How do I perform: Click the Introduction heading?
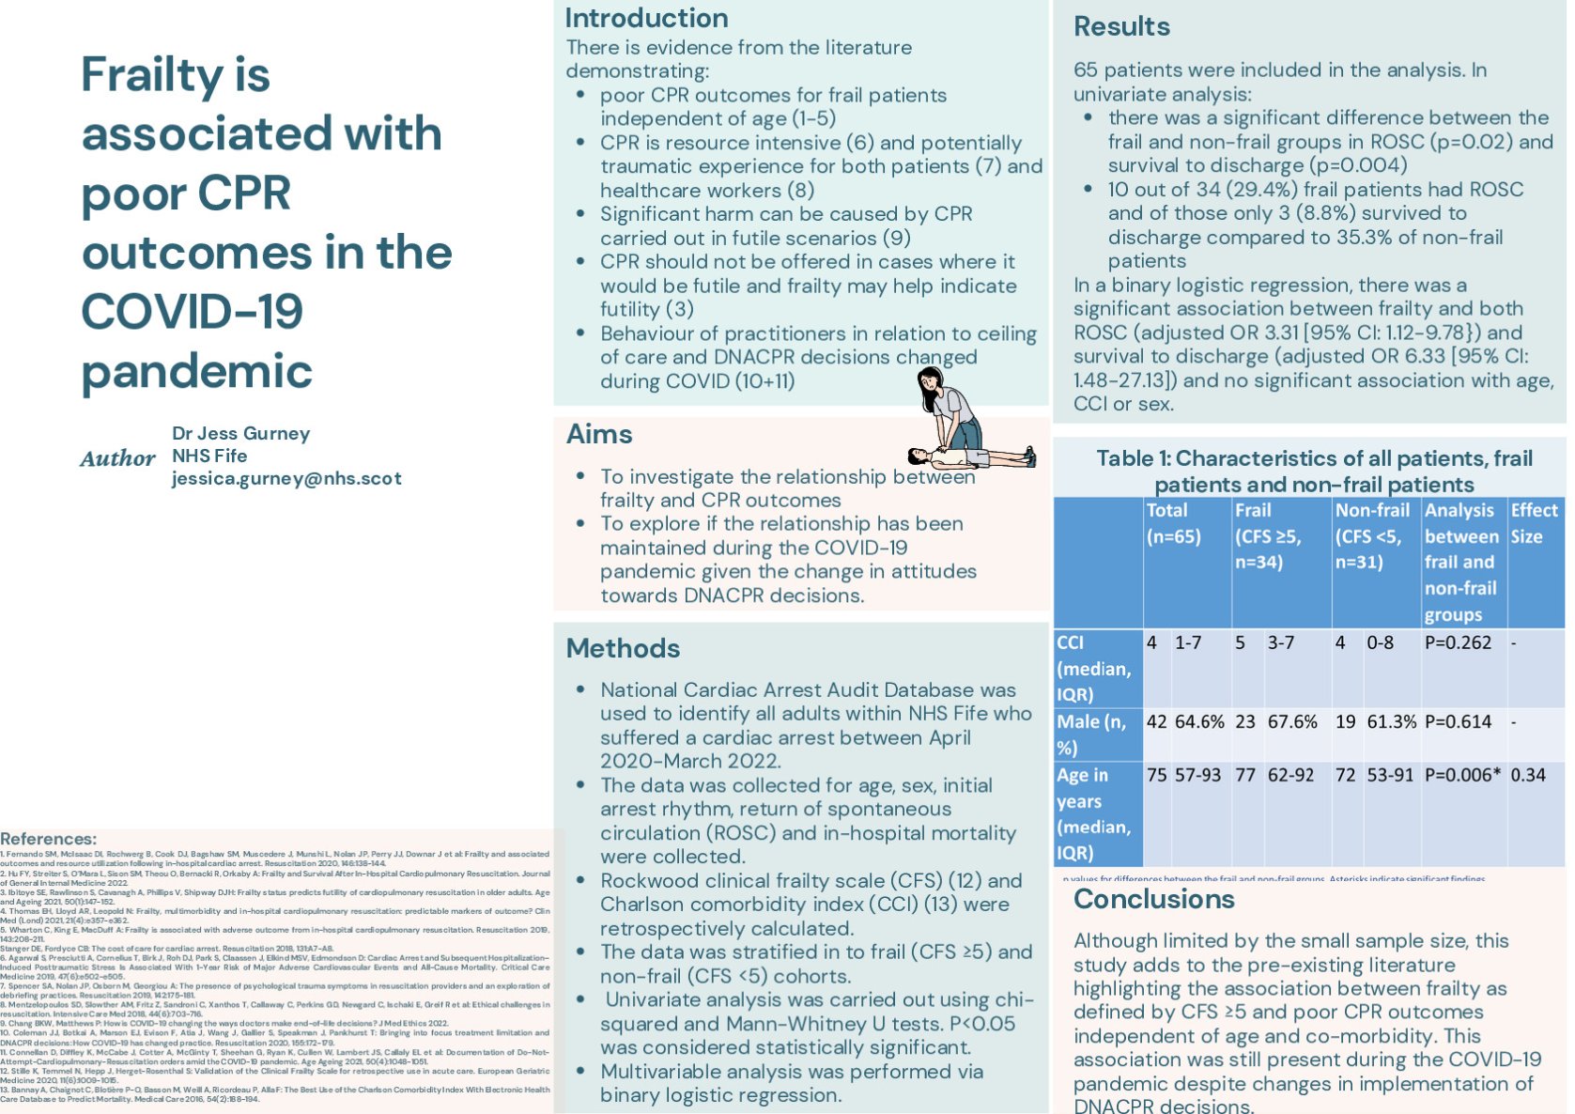click(x=646, y=19)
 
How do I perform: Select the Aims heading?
click(x=599, y=434)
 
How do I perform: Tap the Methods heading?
click(x=623, y=648)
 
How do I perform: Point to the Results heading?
click(x=1121, y=26)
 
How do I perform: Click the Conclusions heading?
click(x=1154, y=899)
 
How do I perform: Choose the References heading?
click(x=48, y=839)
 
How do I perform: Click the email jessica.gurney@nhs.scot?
click(x=286, y=478)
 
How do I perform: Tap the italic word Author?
click(x=117, y=458)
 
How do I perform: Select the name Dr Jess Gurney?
click(x=240, y=433)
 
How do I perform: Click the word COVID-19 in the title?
click(x=192, y=312)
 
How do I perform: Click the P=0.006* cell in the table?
click(x=1462, y=775)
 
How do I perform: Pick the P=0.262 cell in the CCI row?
click(x=1458, y=642)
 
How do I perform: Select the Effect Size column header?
click(x=1534, y=523)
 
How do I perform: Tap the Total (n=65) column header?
click(x=1173, y=523)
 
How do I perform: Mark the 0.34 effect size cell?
click(x=1528, y=775)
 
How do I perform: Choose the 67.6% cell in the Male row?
click(x=1292, y=721)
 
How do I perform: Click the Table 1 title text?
click(x=1314, y=471)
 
